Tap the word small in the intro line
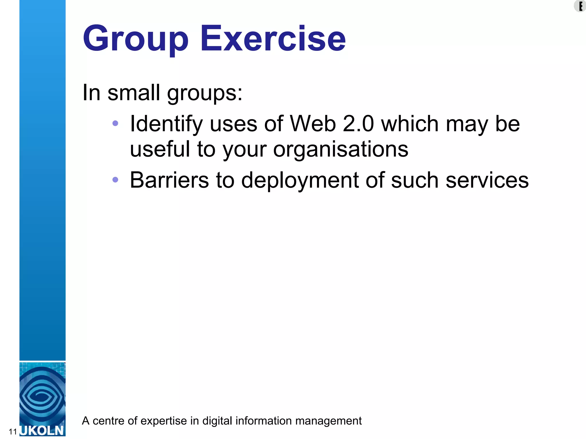(134, 93)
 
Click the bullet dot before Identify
(115, 123)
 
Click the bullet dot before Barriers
(115, 179)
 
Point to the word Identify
(166, 124)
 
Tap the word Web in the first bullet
(313, 123)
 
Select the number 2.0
(358, 123)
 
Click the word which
(410, 123)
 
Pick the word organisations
(340, 149)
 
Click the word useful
(160, 149)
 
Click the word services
(487, 180)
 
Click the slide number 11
(13, 432)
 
